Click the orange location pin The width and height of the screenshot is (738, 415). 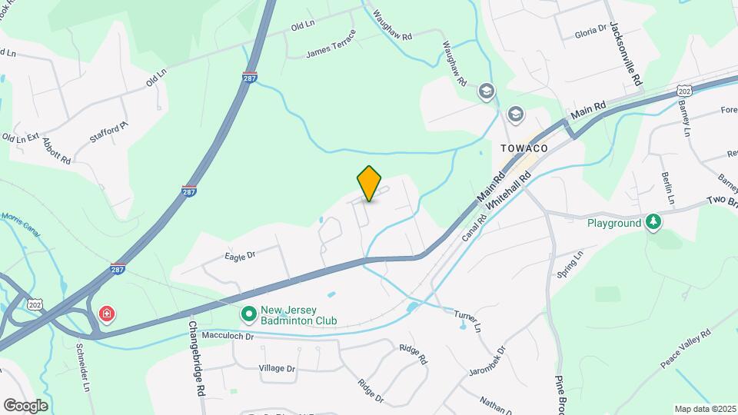coord(370,183)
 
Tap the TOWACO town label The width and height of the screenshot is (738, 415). coord(524,148)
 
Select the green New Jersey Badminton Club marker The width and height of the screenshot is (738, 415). coord(248,314)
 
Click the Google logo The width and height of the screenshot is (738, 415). coord(25,406)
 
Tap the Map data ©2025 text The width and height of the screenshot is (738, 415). coord(704,409)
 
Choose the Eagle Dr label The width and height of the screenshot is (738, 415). coord(240,255)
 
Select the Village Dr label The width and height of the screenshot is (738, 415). coord(277,369)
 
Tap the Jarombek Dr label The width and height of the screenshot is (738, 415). coord(489,361)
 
